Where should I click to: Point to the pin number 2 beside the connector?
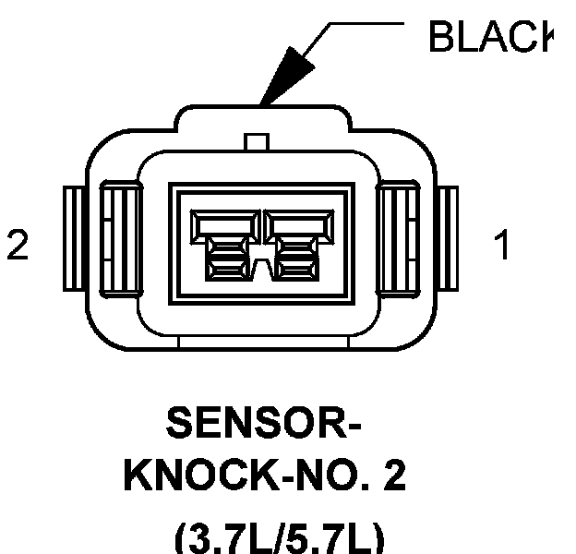pyautogui.click(x=18, y=246)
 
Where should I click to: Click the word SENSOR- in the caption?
pyautogui.click(x=262, y=426)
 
